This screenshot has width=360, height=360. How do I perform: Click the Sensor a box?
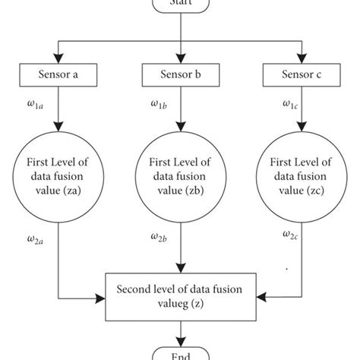(x=59, y=74)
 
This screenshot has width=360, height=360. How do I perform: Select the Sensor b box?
(x=179, y=74)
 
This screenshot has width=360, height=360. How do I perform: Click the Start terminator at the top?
(x=179, y=4)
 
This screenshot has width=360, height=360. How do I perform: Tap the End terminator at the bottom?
(x=179, y=354)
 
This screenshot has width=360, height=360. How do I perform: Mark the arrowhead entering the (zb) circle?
(x=179, y=126)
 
